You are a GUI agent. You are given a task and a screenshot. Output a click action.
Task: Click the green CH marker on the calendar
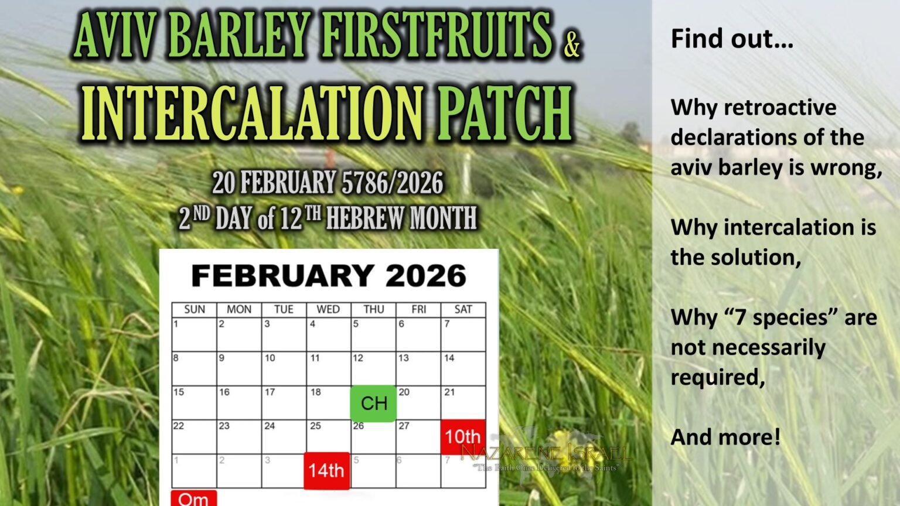[373, 403]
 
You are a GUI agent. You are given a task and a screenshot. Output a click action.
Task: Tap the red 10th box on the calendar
[463, 436]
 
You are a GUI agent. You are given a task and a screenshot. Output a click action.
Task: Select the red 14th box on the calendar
[326, 470]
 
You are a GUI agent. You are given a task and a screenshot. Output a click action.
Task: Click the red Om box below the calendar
[193, 498]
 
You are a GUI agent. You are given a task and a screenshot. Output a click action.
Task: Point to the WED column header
[328, 309]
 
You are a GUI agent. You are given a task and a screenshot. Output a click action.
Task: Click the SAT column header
[463, 309]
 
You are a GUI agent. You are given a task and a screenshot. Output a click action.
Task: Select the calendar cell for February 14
[463, 368]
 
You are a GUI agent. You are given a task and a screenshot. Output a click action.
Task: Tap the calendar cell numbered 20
[418, 402]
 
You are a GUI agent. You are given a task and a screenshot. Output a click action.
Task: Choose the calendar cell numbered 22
[194, 436]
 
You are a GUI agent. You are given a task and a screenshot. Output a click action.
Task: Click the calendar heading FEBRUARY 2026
[329, 276]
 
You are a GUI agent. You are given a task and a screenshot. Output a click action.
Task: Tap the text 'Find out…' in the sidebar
[732, 39]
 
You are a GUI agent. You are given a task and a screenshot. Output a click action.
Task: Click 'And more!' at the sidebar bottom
[725, 437]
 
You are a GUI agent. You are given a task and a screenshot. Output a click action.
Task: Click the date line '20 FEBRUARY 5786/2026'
[328, 183]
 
